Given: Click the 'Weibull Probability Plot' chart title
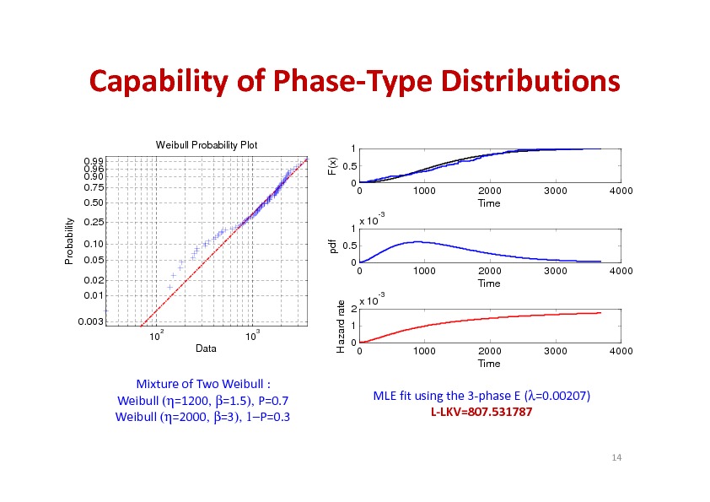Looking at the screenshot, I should coord(207,145).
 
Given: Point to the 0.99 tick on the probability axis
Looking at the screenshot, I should coord(94,159).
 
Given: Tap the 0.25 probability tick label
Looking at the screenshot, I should coord(94,222).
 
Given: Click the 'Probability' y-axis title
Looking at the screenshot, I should coord(71,240).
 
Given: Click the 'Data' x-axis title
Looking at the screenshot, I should coord(206,348).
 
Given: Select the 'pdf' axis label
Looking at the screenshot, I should coord(332,246).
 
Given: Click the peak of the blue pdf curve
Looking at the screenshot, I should coord(416,242).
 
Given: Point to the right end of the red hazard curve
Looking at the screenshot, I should coord(600,312).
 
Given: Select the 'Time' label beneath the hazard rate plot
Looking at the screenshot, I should coord(489,364).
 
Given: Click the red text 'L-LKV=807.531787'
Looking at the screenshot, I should coord(481,411).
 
